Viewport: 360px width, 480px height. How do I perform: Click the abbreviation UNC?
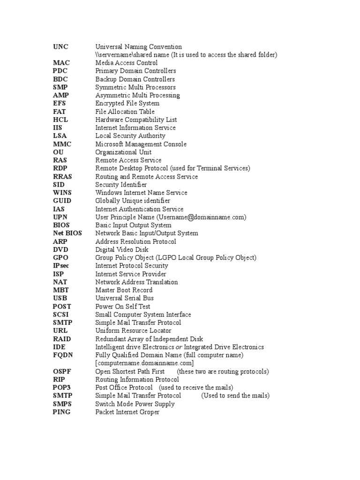pyautogui.click(x=60, y=47)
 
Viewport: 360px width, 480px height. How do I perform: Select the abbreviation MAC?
pyautogui.click(x=61, y=63)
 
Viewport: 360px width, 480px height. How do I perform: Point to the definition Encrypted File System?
pyautogui.click(x=127, y=104)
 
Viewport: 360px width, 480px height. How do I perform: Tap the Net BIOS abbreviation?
pyautogui.click(x=67, y=233)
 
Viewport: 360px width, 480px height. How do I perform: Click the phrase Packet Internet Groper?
pyautogui.click(x=127, y=412)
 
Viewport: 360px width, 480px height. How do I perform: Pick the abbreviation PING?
pyautogui.click(x=62, y=412)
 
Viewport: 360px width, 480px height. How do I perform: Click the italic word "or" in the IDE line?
pyautogui.click(x=179, y=347)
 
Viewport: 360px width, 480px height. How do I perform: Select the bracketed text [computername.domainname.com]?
pyautogui.click(x=144, y=363)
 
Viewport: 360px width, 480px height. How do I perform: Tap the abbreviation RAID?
pyautogui.click(x=62, y=339)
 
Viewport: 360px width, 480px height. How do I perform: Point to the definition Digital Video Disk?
pyautogui.click(x=122, y=250)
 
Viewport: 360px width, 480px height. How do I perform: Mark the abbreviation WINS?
pyautogui.click(x=62, y=193)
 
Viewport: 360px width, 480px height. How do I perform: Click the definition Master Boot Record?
pyautogui.click(x=124, y=290)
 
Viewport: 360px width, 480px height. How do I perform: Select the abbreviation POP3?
pyautogui.click(x=62, y=388)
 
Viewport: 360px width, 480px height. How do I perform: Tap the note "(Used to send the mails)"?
pyautogui.click(x=235, y=396)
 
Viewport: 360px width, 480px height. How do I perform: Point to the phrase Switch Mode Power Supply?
pyautogui.click(x=135, y=404)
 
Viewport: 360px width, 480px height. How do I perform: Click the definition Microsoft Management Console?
pyautogui.click(x=141, y=144)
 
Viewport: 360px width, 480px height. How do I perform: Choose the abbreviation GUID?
pyautogui.click(x=62, y=201)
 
